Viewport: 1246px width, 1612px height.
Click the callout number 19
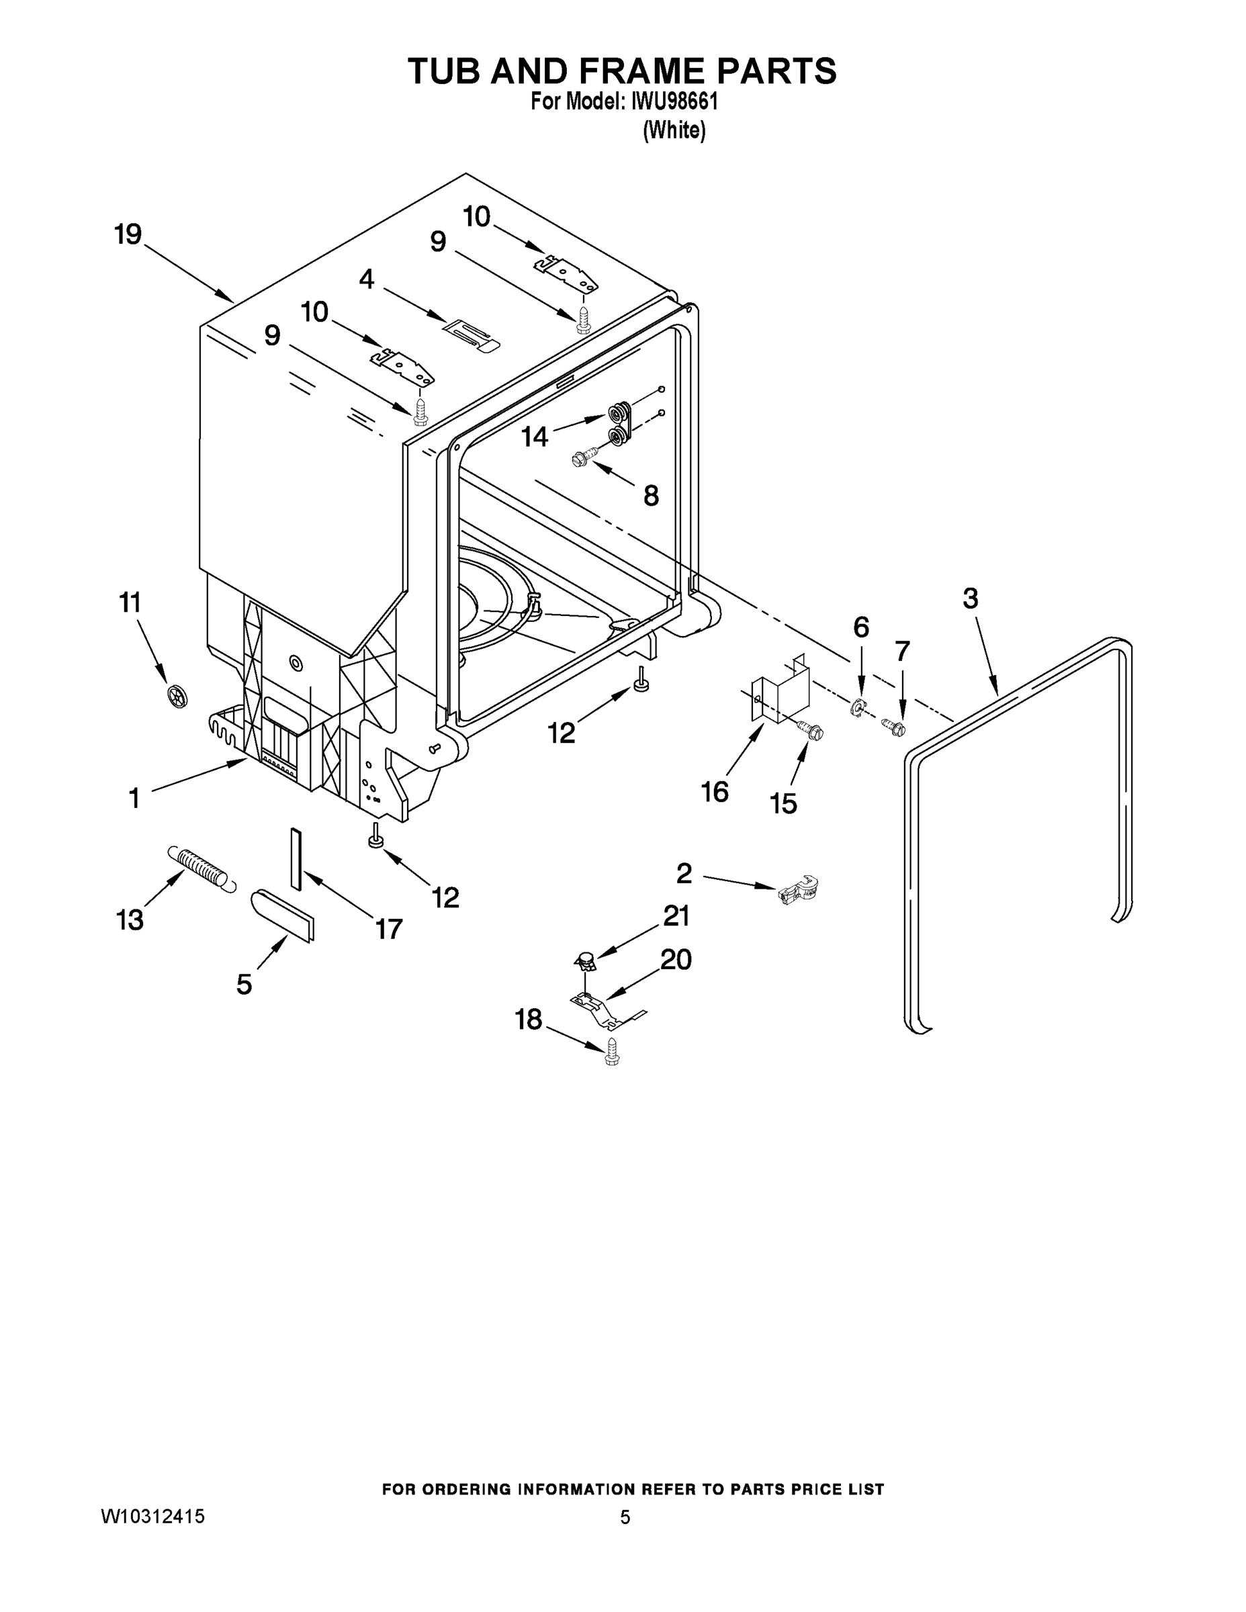tap(128, 234)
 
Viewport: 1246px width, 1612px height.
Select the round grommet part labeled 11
tap(178, 695)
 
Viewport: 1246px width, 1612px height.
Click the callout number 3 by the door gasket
tap(970, 598)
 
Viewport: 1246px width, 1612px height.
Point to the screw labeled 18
tap(611, 1052)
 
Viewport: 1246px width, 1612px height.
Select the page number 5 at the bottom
tap(625, 1517)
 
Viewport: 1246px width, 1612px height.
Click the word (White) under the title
tap(674, 131)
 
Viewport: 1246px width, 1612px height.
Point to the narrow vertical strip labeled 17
tap(296, 858)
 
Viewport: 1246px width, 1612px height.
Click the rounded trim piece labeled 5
tap(283, 915)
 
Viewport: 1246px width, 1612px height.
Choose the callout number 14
tap(535, 437)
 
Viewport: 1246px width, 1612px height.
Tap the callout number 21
tap(676, 916)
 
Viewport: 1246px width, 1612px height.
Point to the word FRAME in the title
tap(625, 71)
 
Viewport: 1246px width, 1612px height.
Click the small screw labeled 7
tap(895, 727)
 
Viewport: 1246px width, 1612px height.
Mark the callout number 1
tap(134, 797)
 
